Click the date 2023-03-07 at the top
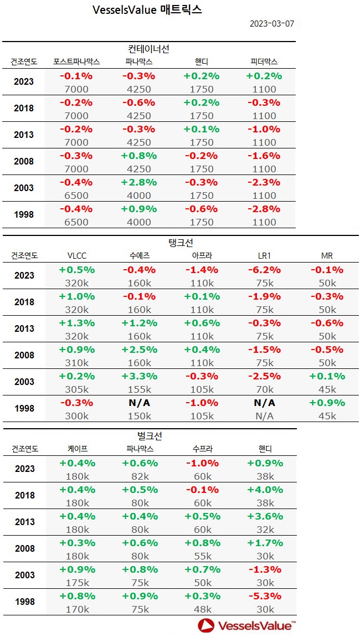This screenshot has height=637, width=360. (271, 24)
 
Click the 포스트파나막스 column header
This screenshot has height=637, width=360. (76, 61)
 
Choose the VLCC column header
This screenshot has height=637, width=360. (76, 256)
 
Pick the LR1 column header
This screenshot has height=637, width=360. (264, 256)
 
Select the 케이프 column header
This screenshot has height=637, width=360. (77, 449)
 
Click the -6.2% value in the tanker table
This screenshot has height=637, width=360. (264, 270)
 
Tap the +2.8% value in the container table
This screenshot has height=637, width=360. (139, 182)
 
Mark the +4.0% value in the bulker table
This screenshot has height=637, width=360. (265, 490)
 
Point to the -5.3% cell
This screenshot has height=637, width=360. (265, 596)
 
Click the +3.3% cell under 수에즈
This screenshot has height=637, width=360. (139, 376)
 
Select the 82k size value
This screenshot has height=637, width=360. (139, 476)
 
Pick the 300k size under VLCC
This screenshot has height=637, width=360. (76, 416)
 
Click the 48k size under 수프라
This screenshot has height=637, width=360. (202, 609)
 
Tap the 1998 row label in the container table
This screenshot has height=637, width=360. (24, 215)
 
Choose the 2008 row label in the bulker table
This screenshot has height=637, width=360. (24, 548)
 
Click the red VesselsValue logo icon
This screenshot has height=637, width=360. (207, 625)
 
